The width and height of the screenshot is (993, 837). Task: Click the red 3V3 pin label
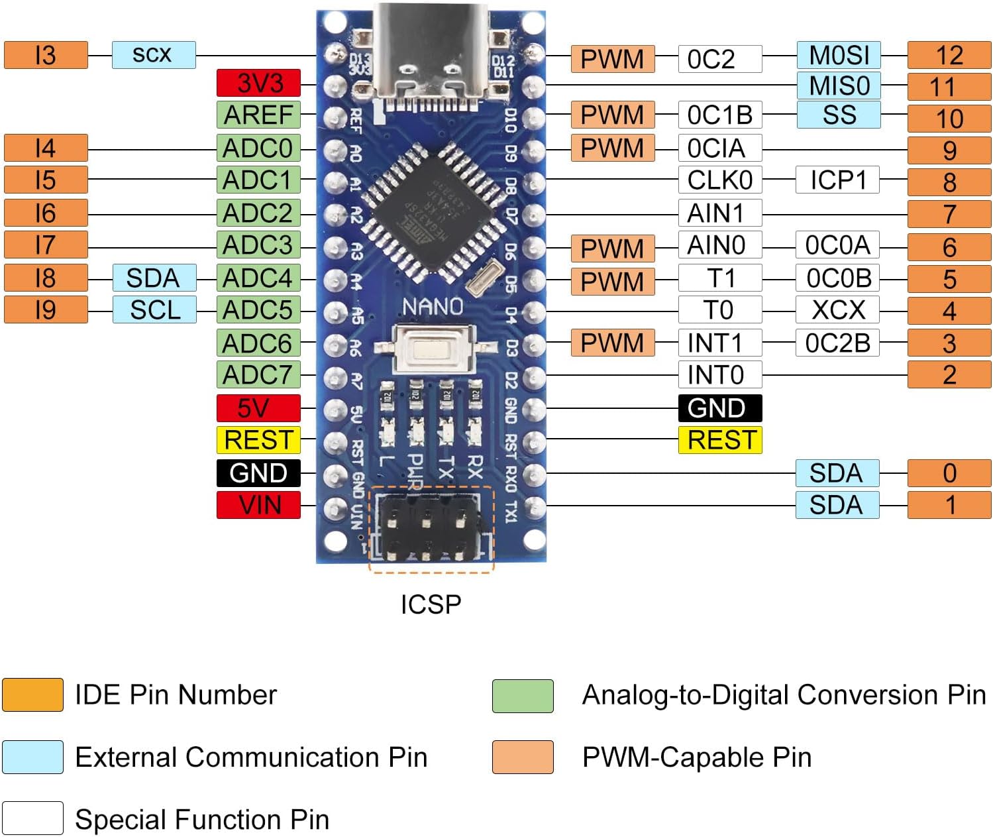coord(258,83)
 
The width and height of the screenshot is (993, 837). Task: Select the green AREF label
coord(258,115)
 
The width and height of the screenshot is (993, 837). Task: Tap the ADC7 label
coord(258,374)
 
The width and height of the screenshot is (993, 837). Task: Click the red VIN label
coord(258,505)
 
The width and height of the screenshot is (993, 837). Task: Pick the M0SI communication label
coord(838,55)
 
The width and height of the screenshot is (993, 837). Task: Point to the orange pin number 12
coord(949,55)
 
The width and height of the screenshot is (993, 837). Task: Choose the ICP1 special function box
coord(837,180)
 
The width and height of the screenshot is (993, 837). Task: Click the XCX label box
coord(837,309)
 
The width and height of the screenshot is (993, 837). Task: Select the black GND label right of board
coord(719,408)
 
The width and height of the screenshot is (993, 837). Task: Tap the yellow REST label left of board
coord(258,440)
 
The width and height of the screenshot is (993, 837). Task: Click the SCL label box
coord(154,309)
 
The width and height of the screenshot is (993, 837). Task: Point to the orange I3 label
coord(46,55)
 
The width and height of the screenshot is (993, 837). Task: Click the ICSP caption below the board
coord(431,604)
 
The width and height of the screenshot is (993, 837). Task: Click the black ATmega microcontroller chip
coord(431,211)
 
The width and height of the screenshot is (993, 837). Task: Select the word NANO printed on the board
coord(433,307)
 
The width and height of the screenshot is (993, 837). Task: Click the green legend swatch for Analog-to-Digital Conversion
coord(523,696)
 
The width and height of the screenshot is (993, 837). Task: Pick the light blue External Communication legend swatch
coord(32,757)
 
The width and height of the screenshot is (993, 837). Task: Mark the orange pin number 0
coord(949,473)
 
